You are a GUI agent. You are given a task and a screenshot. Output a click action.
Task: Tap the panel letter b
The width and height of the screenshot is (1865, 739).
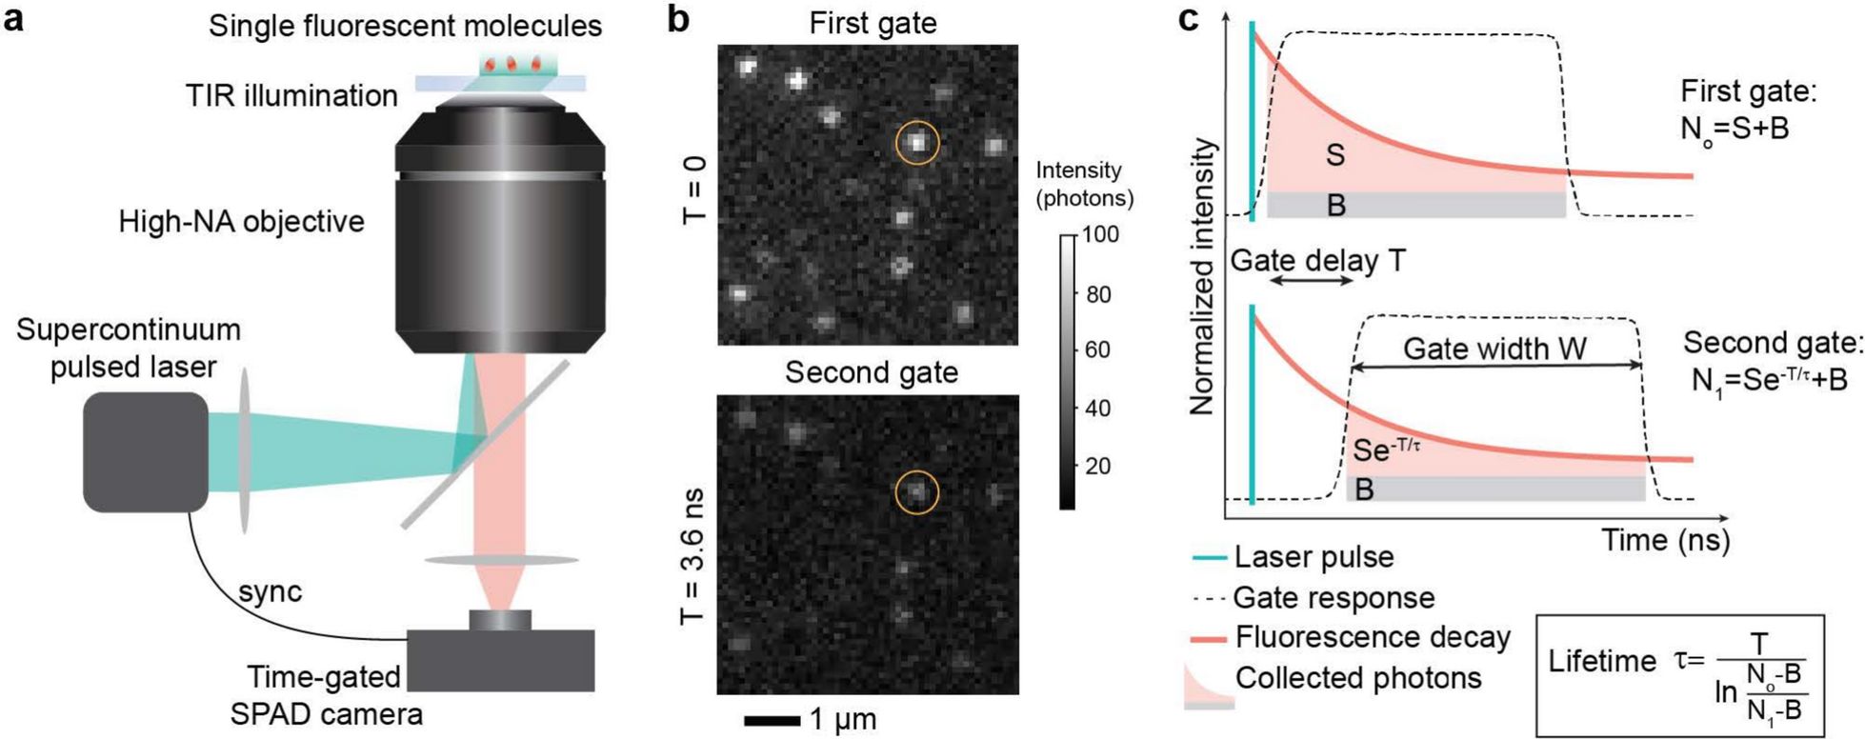click(x=677, y=19)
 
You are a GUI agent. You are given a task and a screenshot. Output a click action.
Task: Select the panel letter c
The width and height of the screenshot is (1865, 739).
click(x=1189, y=19)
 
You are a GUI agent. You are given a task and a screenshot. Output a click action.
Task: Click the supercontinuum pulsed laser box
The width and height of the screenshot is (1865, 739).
click(x=145, y=451)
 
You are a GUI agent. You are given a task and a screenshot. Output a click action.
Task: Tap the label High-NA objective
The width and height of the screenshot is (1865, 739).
click(x=241, y=222)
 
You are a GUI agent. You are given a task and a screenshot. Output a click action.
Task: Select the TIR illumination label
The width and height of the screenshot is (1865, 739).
click(x=291, y=95)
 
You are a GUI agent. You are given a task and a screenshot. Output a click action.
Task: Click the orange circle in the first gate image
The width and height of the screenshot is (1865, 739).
click(x=917, y=143)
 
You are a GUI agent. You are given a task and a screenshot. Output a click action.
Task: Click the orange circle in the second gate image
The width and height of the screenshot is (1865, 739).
click(x=917, y=492)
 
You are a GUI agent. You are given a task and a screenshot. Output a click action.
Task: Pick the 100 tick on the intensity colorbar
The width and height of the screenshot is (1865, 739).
click(x=1100, y=234)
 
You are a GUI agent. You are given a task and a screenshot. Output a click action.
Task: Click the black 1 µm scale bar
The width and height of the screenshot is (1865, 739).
click(x=772, y=720)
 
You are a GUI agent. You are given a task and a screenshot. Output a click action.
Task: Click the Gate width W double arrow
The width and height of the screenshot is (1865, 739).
click(x=1496, y=366)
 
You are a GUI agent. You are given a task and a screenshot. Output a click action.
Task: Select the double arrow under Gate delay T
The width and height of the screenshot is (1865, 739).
click(x=1312, y=281)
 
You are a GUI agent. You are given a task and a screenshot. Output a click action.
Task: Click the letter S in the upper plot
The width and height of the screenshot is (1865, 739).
click(x=1334, y=155)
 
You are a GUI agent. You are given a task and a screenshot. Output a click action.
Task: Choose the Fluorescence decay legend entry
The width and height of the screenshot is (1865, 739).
click(x=1372, y=637)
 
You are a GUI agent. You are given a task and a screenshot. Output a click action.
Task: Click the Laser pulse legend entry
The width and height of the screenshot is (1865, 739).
click(x=1313, y=557)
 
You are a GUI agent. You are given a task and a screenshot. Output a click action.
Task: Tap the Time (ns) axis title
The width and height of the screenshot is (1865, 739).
click(x=1664, y=540)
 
